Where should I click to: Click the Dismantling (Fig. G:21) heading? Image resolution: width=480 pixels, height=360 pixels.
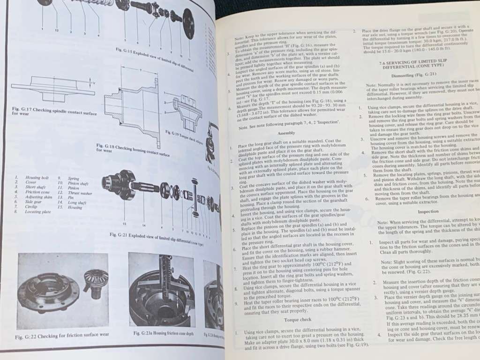click(x=406, y=75)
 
